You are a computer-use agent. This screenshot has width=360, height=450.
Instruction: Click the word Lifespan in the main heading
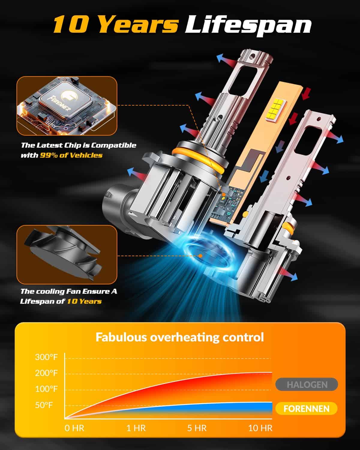[248, 26]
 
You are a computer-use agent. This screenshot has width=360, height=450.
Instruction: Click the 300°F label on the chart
[46, 357]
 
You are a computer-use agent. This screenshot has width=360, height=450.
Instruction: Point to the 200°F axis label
[46, 373]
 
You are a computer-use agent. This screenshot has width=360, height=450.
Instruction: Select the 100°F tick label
[46, 389]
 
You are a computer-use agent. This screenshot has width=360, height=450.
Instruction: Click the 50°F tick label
[44, 405]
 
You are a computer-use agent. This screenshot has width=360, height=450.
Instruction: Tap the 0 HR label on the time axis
[74, 428]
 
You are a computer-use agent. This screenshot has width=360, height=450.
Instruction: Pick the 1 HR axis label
[136, 428]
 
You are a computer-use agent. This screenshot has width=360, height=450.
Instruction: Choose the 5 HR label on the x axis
[197, 428]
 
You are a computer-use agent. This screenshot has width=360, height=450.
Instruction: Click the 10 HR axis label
[260, 428]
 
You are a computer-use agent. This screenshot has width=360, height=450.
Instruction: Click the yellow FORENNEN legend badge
[306, 409]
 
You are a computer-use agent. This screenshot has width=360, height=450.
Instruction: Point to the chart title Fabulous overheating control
[180, 337]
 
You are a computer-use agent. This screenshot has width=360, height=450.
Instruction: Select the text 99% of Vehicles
[71, 155]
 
